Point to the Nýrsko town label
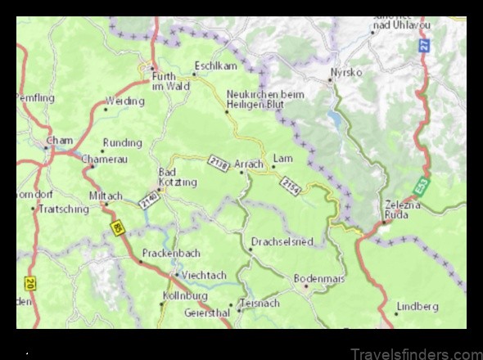[x=345, y=72]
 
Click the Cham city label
[x=60, y=141]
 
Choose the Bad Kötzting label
[x=177, y=177]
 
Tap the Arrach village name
[x=249, y=164]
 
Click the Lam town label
[x=283, y=158]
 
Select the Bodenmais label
[x=320, y=278]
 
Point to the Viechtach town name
[x=203, y=275]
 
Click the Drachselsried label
[x=283, y=242]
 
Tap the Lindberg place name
[x=418, y=306]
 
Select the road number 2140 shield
[x=148, y=200]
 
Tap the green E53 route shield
[x=420, y=187]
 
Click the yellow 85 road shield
[x=118, y=228]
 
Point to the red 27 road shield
[x=424, y=45]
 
